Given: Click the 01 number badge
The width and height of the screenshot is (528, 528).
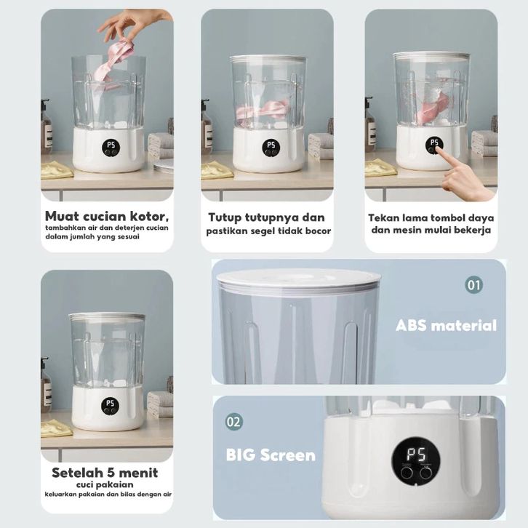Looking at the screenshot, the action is (473, 285).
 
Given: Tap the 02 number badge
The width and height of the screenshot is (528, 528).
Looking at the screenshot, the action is (233, 422).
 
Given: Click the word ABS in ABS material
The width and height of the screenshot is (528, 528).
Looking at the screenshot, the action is (411, 326).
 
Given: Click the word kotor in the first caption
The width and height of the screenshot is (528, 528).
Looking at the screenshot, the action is (150, 216).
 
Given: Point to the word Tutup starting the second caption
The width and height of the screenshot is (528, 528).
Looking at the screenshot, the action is (225, 218).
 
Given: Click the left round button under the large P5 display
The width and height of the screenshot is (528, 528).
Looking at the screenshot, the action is (407, 473).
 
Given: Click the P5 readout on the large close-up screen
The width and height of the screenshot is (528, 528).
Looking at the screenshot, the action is (416, 455).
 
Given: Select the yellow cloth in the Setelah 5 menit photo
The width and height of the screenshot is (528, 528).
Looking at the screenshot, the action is (56, 428).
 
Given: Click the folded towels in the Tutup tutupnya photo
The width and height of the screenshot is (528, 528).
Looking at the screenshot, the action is (321, 145).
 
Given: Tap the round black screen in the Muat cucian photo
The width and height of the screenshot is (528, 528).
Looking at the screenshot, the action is (111, 148).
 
